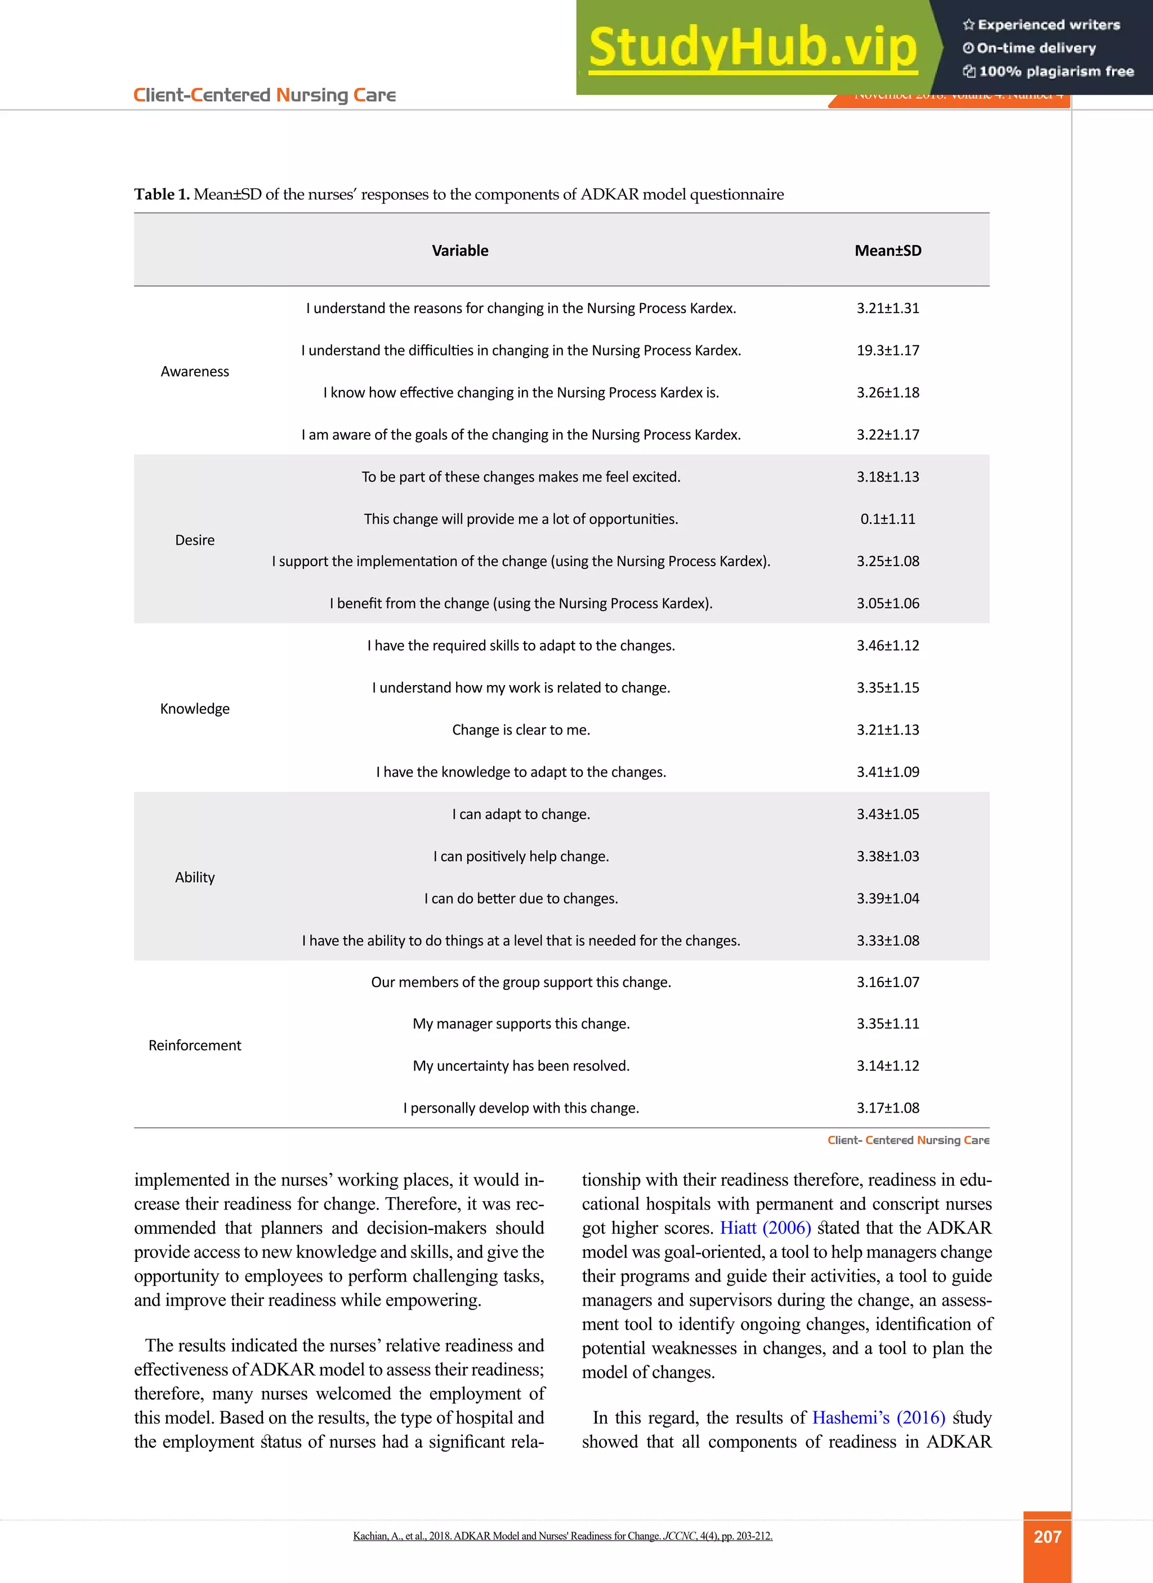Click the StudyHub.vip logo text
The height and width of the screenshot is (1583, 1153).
752,47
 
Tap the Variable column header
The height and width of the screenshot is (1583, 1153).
460,251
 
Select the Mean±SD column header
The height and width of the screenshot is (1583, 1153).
888,251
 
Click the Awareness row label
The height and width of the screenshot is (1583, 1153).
195,371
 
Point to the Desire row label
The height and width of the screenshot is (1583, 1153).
195,540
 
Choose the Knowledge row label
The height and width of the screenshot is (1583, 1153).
195,709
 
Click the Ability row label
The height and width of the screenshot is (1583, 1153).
195,877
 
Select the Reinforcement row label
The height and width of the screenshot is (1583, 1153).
195,1046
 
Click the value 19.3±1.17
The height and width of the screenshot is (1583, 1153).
888,350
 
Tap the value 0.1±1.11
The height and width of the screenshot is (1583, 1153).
888,519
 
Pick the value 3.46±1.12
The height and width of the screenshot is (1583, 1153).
888,645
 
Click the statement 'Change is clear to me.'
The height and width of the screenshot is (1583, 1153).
521,730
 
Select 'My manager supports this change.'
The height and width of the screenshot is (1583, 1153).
521,1024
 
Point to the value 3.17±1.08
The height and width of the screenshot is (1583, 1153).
888,1108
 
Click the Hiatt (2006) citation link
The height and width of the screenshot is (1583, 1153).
765,1228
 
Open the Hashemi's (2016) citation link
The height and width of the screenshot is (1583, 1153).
878,1418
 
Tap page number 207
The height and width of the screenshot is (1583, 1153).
1047,1537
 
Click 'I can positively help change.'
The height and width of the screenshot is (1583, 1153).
521,856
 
